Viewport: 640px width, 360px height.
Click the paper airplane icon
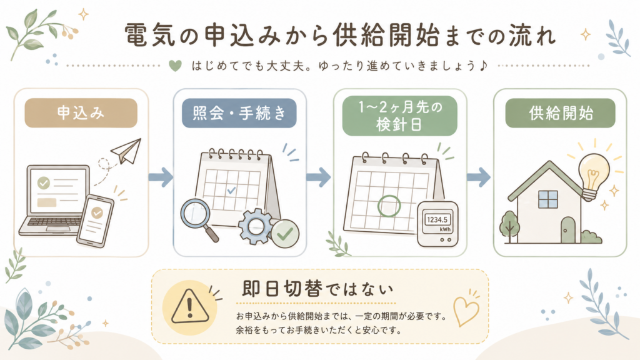pos(126,151)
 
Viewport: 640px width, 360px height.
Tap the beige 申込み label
pos(81,113)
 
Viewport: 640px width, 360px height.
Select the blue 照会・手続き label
pos(239,113)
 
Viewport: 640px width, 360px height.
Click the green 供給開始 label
pos(561,113)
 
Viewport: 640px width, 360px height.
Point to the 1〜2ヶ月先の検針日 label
pos(400,116)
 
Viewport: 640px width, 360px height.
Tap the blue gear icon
pos(256,226)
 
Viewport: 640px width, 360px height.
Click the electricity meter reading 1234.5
pos(437,219)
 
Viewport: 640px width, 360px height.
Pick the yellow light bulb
pos(594,174)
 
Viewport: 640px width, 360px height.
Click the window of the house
pos(547,199)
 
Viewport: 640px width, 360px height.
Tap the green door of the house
pos(567,230)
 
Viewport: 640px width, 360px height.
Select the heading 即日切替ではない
pos(317,289)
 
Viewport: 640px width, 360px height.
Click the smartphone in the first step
pos(96,221)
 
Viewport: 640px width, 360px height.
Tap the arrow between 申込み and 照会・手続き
pos(161,177)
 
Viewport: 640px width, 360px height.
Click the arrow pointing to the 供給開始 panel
pos(478,177)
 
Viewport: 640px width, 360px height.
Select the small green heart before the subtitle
pos(176,65)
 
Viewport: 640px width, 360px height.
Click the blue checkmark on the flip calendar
pos(231,190)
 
